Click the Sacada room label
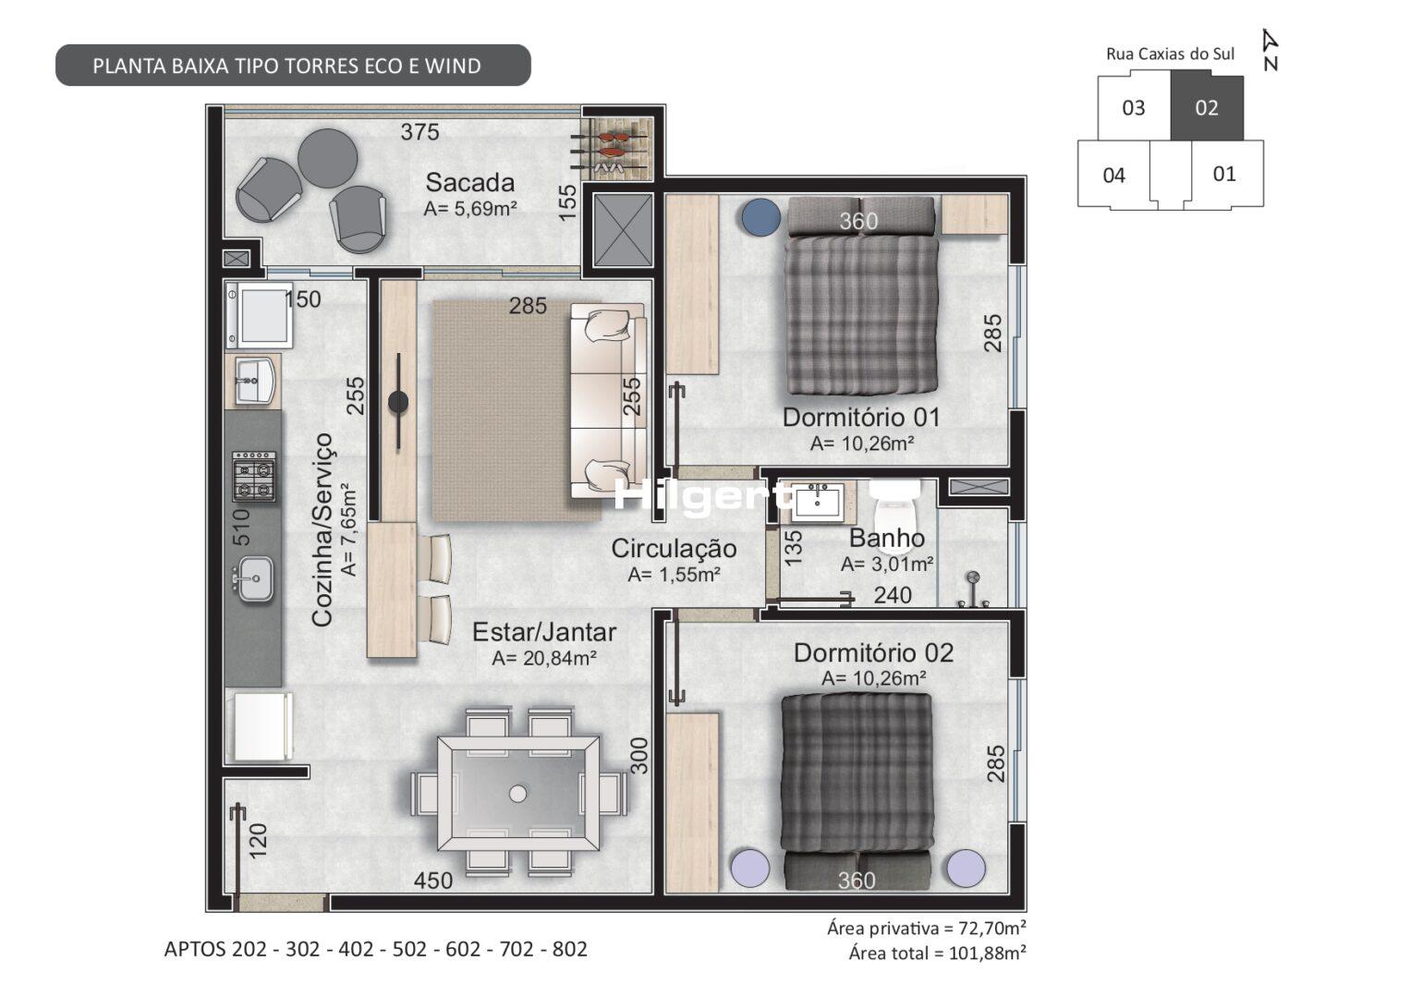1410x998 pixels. tap(469, 183)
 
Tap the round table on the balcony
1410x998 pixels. tap(327, 158)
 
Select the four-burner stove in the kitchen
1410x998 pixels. tap(254, 476)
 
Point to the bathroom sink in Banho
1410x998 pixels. tap(817, 502)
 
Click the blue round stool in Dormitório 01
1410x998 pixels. tap(761, 217)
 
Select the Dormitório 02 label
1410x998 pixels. tap(873, 653)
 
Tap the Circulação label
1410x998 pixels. tap(674, 548)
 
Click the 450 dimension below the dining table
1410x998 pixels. tap(433, 881)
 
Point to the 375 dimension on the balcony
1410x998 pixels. tap(419, 131)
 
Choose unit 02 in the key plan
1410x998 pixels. tap(1207, 108)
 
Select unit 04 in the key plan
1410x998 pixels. tap(1113, 175)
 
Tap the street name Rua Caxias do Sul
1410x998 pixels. tap(1170, 55)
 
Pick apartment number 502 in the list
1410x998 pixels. tap(409, 949)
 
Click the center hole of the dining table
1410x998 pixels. tap(517, 794)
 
